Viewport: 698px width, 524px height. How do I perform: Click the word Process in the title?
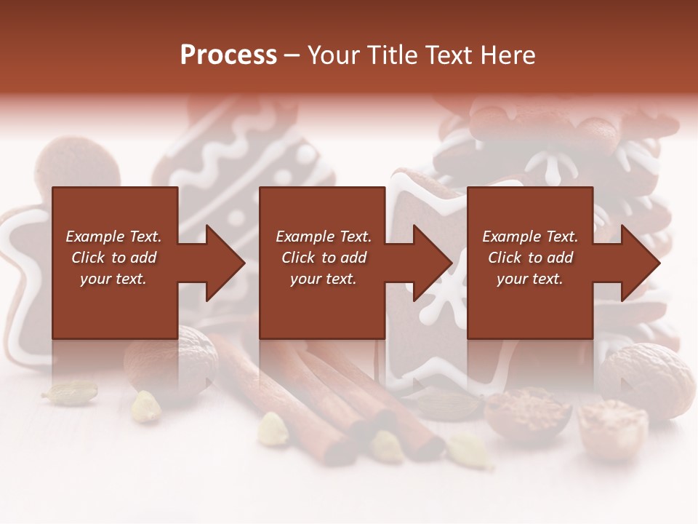[228, 55]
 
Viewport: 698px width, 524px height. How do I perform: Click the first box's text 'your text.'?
[113, 279]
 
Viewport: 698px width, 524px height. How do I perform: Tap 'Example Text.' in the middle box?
[323, 237]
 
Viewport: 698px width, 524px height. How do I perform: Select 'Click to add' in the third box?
[530, 258]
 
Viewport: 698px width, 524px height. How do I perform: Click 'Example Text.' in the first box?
[113, 237]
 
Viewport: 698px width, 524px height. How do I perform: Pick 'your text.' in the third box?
[530, 279]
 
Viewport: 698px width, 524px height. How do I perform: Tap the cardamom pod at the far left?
[70, 393]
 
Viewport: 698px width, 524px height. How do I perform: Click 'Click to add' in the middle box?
[323, 258]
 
